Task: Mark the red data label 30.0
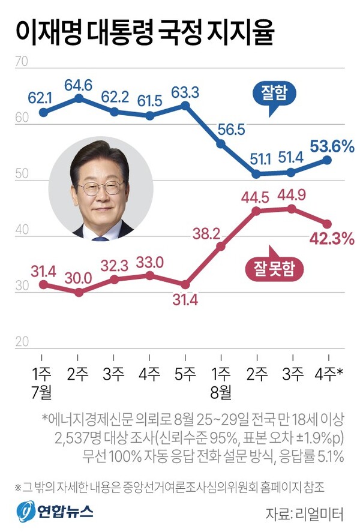pos(79,278)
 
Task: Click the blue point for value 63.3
pos(185,105)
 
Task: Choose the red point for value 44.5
pos(256,211)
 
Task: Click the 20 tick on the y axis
pos(22,342)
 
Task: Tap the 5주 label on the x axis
pos(185,374)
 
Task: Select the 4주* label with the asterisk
pos(329,374)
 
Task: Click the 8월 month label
pos(221,393)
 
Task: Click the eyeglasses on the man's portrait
pos(100,187)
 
